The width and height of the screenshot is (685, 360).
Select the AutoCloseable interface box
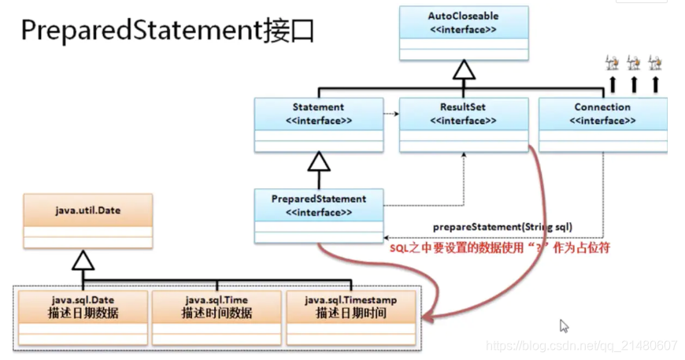click(x=464, y=32)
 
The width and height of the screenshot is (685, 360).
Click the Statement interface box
click(x=318, y=124)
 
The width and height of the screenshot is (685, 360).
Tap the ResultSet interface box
click(x=464, y=124)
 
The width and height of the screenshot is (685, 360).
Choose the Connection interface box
click(x=602, y=124)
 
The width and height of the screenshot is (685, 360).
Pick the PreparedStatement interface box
click(x=318, y=215)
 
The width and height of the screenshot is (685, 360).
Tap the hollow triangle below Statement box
click(x=318, y=162)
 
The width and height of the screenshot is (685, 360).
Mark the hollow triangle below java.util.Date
click(x=83, y=261)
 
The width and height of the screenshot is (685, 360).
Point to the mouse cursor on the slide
click(x=564, y=325)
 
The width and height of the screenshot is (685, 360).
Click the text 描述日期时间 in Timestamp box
click(x=350, y=313)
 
